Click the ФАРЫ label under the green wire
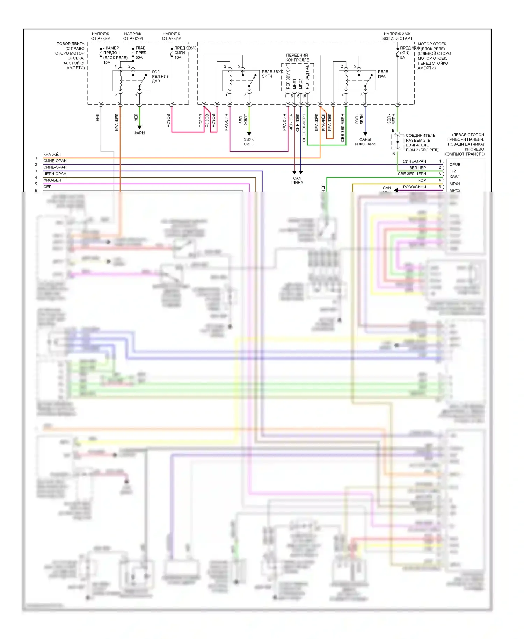(x=139, y=133)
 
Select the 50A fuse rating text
(x=139, y=58)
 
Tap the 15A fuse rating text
(x=107, y=63)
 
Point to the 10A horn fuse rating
(x=178, y=58)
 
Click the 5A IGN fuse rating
(x=402, y=58)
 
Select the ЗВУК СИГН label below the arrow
(x=249, y=142)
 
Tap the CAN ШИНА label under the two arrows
(x=297, y=180)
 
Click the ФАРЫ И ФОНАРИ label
(x=365, y=142)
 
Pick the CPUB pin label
(x=455, y=165)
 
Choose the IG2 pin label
(x=452, y=171)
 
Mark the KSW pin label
(x=454, y=177)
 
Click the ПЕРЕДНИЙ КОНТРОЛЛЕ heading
(x=297, y=57)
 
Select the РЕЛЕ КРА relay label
(x=383, y=74)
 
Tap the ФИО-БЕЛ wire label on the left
(x=52, y=180)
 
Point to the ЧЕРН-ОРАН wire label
(x=54, y=174)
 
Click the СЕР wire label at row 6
(x=48, y=187)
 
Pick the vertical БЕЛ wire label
(x=97, y=117)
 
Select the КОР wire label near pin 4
(x=422, y=180)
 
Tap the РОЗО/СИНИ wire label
(x=415, y=187)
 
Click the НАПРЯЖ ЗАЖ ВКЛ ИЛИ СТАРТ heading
(x=397, y=36)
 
